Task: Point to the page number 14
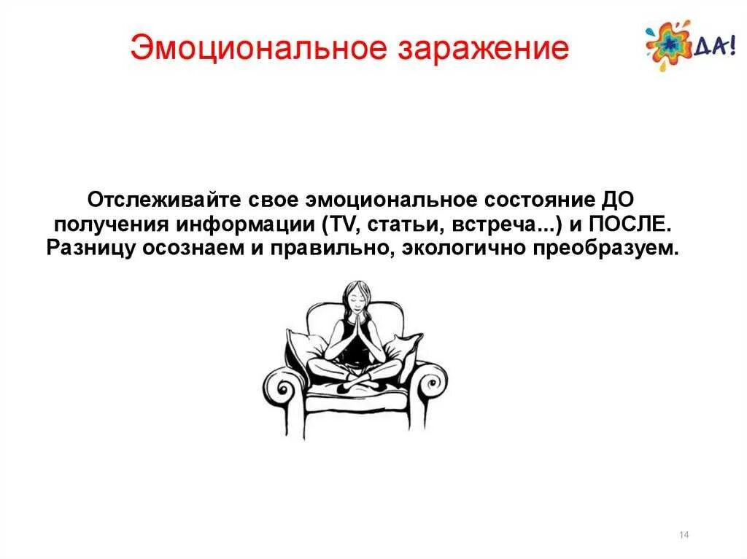[x=684, y=536]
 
